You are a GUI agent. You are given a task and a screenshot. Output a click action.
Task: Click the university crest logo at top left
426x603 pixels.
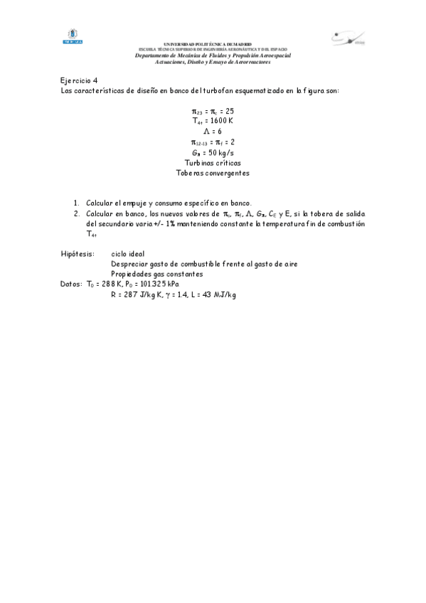[73, 37]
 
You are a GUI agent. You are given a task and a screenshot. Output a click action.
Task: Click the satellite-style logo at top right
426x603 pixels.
[348, 38]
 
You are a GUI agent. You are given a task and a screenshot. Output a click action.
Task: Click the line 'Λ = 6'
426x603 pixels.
[213, 132]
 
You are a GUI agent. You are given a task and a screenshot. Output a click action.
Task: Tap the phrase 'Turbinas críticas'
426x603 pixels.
[213, 162]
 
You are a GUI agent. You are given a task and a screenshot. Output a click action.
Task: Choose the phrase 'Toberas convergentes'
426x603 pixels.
[213, 172]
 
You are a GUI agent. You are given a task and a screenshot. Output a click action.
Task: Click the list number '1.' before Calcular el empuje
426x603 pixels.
[78, 203]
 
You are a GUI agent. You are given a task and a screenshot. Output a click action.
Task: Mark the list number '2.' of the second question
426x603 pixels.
[78, 213]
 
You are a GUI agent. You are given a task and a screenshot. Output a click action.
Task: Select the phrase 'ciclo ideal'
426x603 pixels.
[128, 254]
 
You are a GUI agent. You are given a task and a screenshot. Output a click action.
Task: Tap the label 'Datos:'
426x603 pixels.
[72, 284]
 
